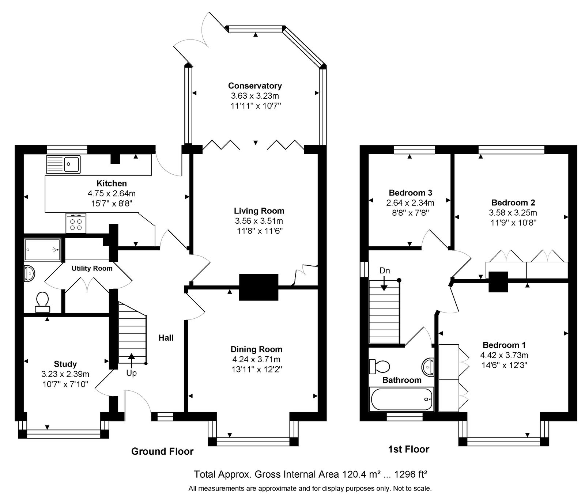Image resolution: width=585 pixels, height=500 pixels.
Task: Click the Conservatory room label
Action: point(255,86)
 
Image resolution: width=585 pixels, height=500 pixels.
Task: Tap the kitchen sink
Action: point(63,164)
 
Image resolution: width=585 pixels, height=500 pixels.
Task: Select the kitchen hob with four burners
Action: point(76,223)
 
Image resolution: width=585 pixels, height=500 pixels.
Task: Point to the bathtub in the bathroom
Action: point(401,399)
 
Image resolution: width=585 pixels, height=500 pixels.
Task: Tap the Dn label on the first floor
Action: point(385,271)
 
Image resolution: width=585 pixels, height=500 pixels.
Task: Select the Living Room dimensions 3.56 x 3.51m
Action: point(259,221)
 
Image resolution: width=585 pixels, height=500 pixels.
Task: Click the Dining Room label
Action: point(256,349)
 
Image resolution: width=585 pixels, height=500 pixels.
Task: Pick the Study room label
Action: point(65,364)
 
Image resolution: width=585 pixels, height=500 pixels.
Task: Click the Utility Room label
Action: point(92,269)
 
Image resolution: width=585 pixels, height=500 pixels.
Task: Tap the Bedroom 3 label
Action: point(411,193)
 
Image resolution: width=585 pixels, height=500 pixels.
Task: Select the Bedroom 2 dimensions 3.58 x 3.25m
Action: point(513,212)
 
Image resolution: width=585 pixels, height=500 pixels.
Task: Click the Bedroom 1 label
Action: point(504,345)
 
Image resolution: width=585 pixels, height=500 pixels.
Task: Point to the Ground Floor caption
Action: point(162,452)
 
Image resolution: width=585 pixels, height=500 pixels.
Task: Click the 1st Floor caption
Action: point(409,449)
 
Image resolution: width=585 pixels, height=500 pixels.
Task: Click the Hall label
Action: point(166,338)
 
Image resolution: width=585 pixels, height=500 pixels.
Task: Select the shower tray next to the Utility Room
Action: point(42,250)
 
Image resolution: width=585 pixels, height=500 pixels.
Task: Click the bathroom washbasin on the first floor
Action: point(427,366)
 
